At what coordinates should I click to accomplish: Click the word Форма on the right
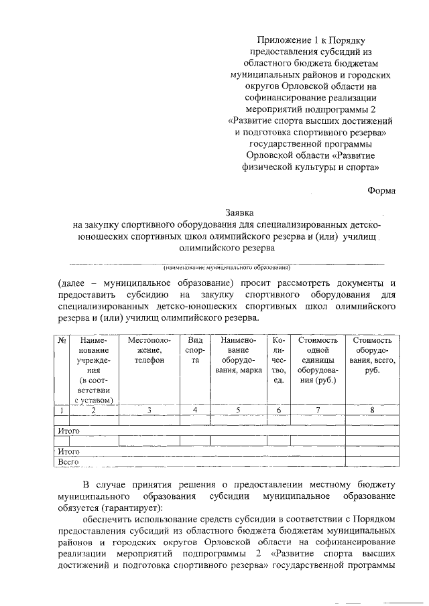(381, 190)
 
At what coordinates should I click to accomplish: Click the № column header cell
(61, 340)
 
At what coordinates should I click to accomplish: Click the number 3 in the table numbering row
(149, 410)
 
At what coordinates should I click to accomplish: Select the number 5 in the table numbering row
(238, 410)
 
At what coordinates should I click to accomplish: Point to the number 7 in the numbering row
(318, 410)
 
